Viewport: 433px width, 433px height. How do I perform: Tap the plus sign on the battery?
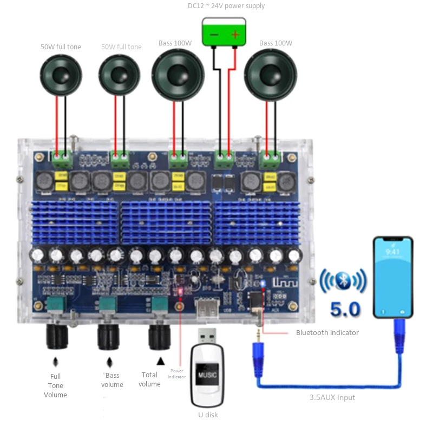point(235,35)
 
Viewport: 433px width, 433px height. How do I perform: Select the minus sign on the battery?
point(214,35)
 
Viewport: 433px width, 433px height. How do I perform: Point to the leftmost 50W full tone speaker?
point(61,75)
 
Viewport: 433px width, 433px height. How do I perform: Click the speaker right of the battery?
point(271,72)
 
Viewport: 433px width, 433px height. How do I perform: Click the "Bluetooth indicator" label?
point(327,332)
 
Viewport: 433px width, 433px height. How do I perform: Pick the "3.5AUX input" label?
point(332,398)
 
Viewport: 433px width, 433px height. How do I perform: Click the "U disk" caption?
point(208,415)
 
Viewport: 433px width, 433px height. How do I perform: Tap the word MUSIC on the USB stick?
point(206,375)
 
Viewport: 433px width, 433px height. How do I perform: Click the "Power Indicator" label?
point(176,373)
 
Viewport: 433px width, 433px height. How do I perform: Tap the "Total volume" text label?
point(149,379)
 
